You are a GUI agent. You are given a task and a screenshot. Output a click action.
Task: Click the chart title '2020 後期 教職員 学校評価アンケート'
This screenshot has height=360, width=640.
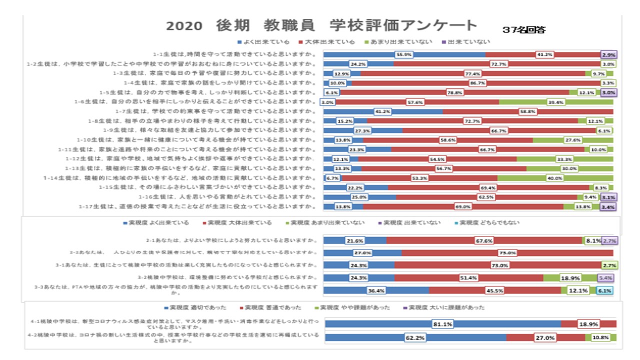point(321,25)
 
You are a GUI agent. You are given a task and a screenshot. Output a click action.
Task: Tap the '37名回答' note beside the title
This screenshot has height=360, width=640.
point(524,30)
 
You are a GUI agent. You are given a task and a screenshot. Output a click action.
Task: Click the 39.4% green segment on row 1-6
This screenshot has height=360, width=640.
point(556,102)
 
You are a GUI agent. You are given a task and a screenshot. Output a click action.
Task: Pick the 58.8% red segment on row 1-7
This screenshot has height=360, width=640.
point(527,111)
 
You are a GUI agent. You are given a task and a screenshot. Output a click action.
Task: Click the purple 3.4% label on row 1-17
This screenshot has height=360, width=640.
point(607,206)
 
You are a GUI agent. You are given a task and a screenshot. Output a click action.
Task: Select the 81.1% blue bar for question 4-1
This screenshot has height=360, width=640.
point(442,324)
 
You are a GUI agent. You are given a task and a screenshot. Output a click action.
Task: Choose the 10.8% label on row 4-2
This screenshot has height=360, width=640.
point(600,337)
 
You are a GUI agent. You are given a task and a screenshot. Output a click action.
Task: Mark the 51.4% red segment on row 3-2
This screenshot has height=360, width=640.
point(468,277)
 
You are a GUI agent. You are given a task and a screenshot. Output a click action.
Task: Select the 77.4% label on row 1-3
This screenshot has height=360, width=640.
point(472,73)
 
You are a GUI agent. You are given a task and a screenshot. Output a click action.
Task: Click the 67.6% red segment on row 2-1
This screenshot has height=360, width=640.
point(484,240)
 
